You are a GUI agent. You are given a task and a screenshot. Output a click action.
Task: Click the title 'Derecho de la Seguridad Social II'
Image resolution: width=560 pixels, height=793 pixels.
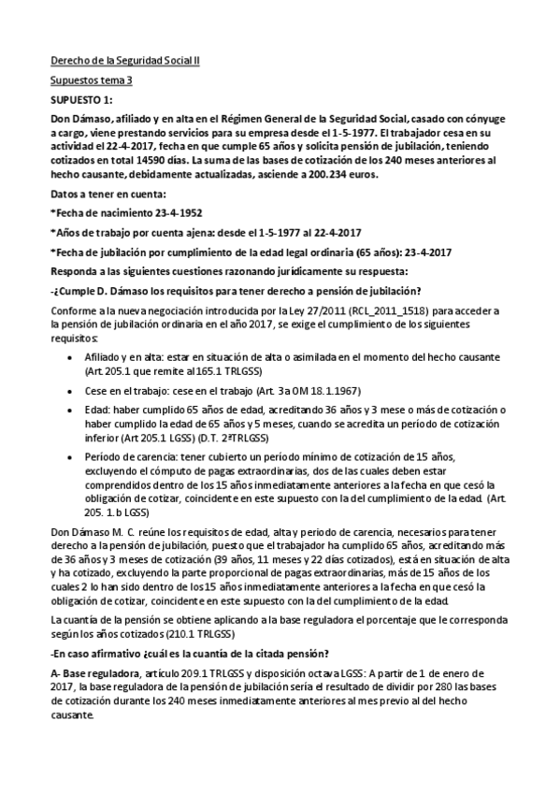(124, 62)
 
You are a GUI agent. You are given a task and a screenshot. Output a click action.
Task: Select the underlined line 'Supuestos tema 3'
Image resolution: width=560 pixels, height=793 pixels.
(92, 80)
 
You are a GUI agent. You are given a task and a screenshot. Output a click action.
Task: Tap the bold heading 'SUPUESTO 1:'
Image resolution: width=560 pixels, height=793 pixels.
(81, 98)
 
